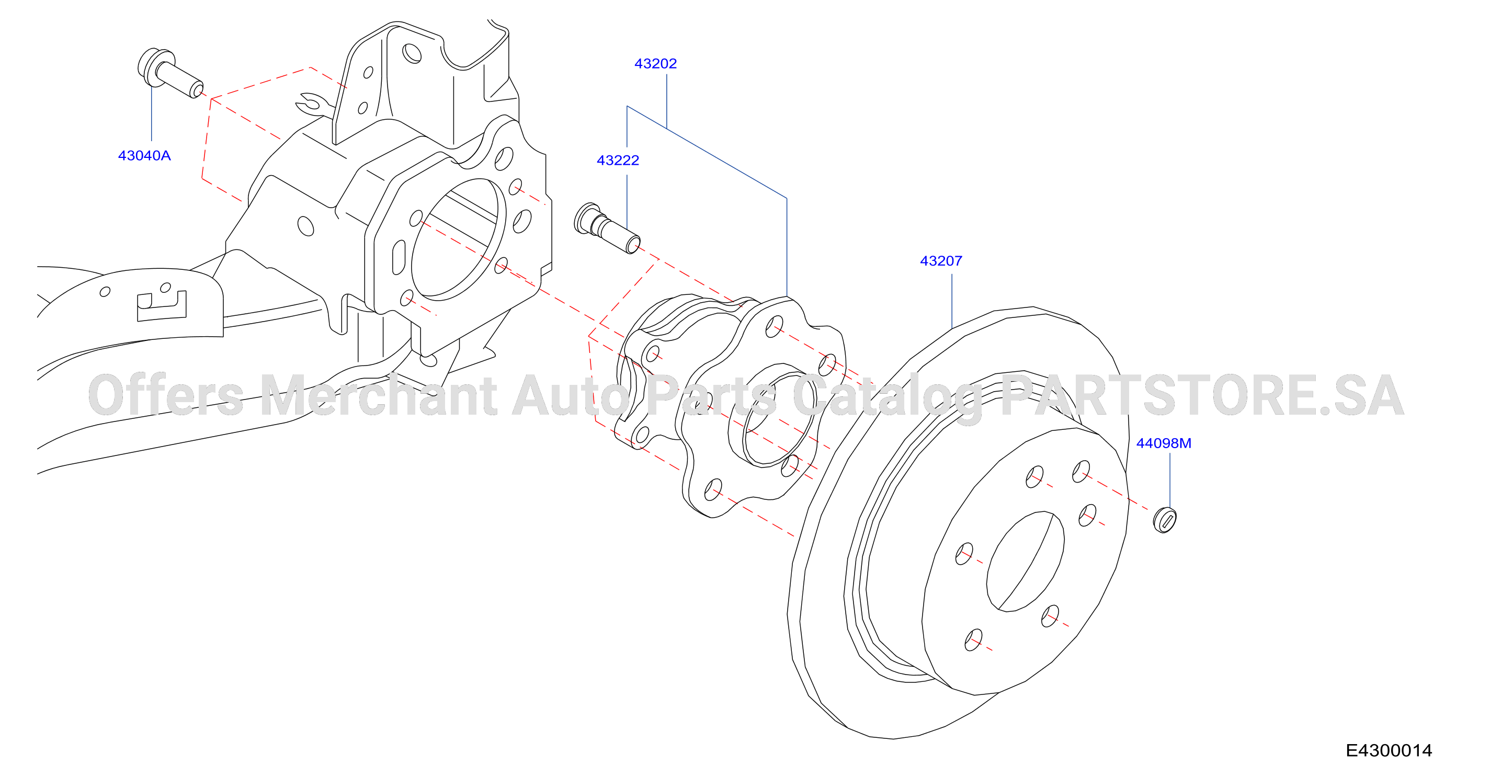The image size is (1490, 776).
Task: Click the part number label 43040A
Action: coord(144,155)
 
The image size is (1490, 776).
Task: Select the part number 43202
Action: coord(655,64)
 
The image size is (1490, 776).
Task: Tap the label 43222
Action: coord(618,160)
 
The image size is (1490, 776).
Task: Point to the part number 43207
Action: coord(941,261)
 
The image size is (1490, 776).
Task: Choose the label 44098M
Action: coord(1164,443)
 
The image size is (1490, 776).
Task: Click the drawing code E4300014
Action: coord(1389,750)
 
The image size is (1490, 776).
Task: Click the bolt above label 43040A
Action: coord(170,73)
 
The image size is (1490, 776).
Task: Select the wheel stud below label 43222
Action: coord(607,228)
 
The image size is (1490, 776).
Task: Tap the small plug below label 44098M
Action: coord(1164,519)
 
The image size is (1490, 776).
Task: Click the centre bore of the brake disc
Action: coord(1025,561)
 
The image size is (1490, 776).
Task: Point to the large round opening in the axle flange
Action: coord(458,239)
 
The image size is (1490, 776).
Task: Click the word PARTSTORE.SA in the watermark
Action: coord(1202,395)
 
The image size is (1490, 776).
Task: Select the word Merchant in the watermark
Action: coord(379,395)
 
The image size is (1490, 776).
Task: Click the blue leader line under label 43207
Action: coord(951,301)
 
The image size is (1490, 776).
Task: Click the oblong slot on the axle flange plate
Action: coord(399,257)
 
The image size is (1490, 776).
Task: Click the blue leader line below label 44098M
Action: coord(1169,480)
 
